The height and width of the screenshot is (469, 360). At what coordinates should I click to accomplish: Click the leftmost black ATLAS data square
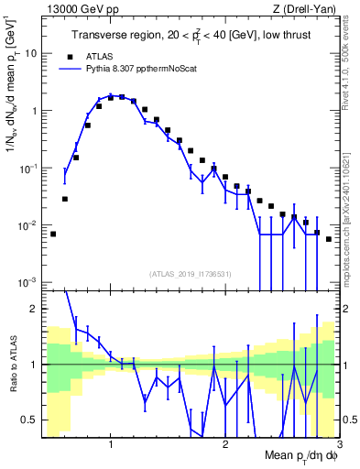point(53,234)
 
